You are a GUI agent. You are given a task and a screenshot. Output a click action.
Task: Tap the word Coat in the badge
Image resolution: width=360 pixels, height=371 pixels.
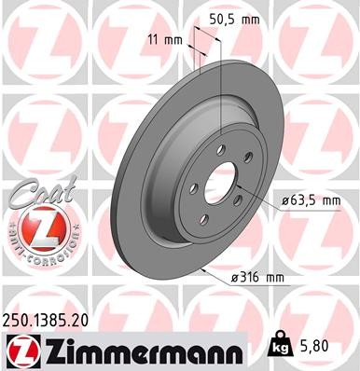[35, 192]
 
